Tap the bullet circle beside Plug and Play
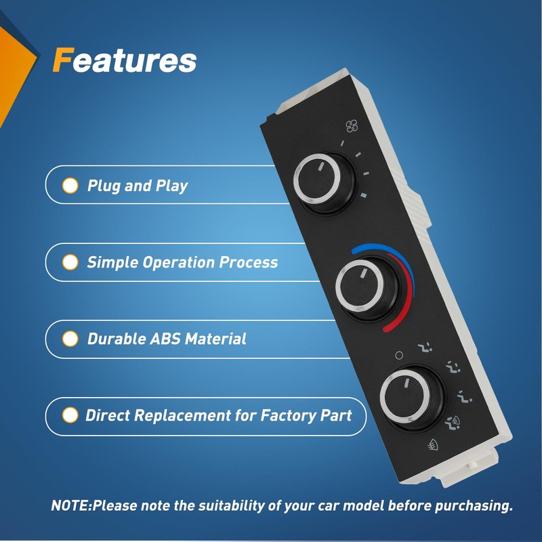[70, 185]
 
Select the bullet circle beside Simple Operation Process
[70, 262]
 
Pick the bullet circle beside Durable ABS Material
[70, 339]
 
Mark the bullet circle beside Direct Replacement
[70, 415]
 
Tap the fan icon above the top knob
[352, 125]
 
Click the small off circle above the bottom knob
[398, 355]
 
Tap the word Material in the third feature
[213, 339]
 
